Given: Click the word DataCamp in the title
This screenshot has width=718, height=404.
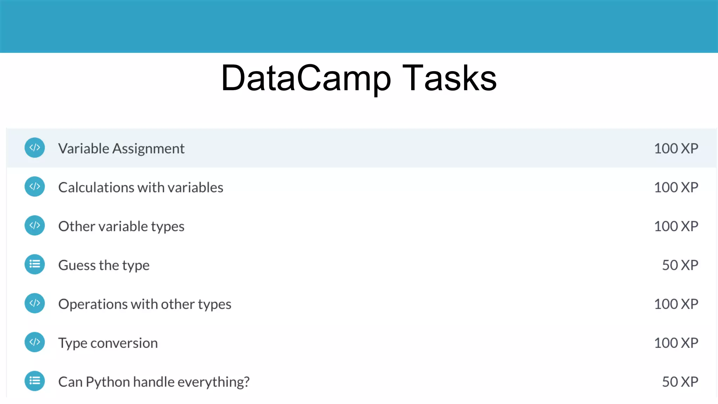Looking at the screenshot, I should point(306,79).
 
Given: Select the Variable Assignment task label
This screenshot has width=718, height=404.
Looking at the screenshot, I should point(121,148).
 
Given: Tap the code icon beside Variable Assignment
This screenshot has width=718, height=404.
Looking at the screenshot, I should point(35,148).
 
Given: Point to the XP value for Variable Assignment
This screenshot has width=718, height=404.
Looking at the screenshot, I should point(676,148).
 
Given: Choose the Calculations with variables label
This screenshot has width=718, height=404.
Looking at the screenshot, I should point(141,187).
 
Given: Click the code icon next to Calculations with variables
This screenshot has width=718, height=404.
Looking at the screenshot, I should point(35,187).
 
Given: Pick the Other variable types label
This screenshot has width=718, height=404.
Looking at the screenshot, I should point(121,227).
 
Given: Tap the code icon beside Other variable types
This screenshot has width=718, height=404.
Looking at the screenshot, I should point(35,225).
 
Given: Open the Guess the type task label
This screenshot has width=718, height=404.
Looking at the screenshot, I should point(104,265).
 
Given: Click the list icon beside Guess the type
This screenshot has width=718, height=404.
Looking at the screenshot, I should point(35,264).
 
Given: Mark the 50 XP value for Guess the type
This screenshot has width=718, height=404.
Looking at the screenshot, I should point(680,265).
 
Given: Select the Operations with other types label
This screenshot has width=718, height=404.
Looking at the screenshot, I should point(145,304).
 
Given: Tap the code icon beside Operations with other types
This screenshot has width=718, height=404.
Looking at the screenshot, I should point(35,303).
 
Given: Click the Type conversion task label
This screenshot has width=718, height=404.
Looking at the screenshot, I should point(108,343).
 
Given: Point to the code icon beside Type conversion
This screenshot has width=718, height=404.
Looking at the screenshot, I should point(35,342).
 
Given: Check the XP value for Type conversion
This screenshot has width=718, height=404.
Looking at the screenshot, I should point(676,343).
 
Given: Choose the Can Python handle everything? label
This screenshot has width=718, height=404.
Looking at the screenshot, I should point(154,382).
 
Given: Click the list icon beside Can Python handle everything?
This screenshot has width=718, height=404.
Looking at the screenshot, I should point(35,381).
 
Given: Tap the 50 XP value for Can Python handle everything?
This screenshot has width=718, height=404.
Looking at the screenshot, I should point(680,382).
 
